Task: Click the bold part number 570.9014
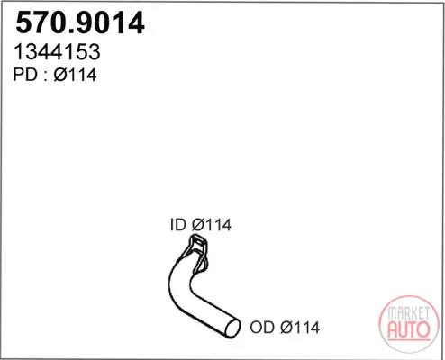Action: tap(80, 23)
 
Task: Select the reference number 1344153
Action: tap(57, 52)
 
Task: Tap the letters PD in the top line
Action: tap(25, 75)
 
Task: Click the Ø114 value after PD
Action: tap(75, 75)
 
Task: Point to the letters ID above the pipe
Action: tap(178, 225)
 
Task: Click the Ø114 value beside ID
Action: tap(212, 225)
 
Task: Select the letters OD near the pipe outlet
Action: tap(262, 328)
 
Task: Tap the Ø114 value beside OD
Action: tap(300, 328)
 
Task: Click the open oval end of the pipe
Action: tap(232, 328)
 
